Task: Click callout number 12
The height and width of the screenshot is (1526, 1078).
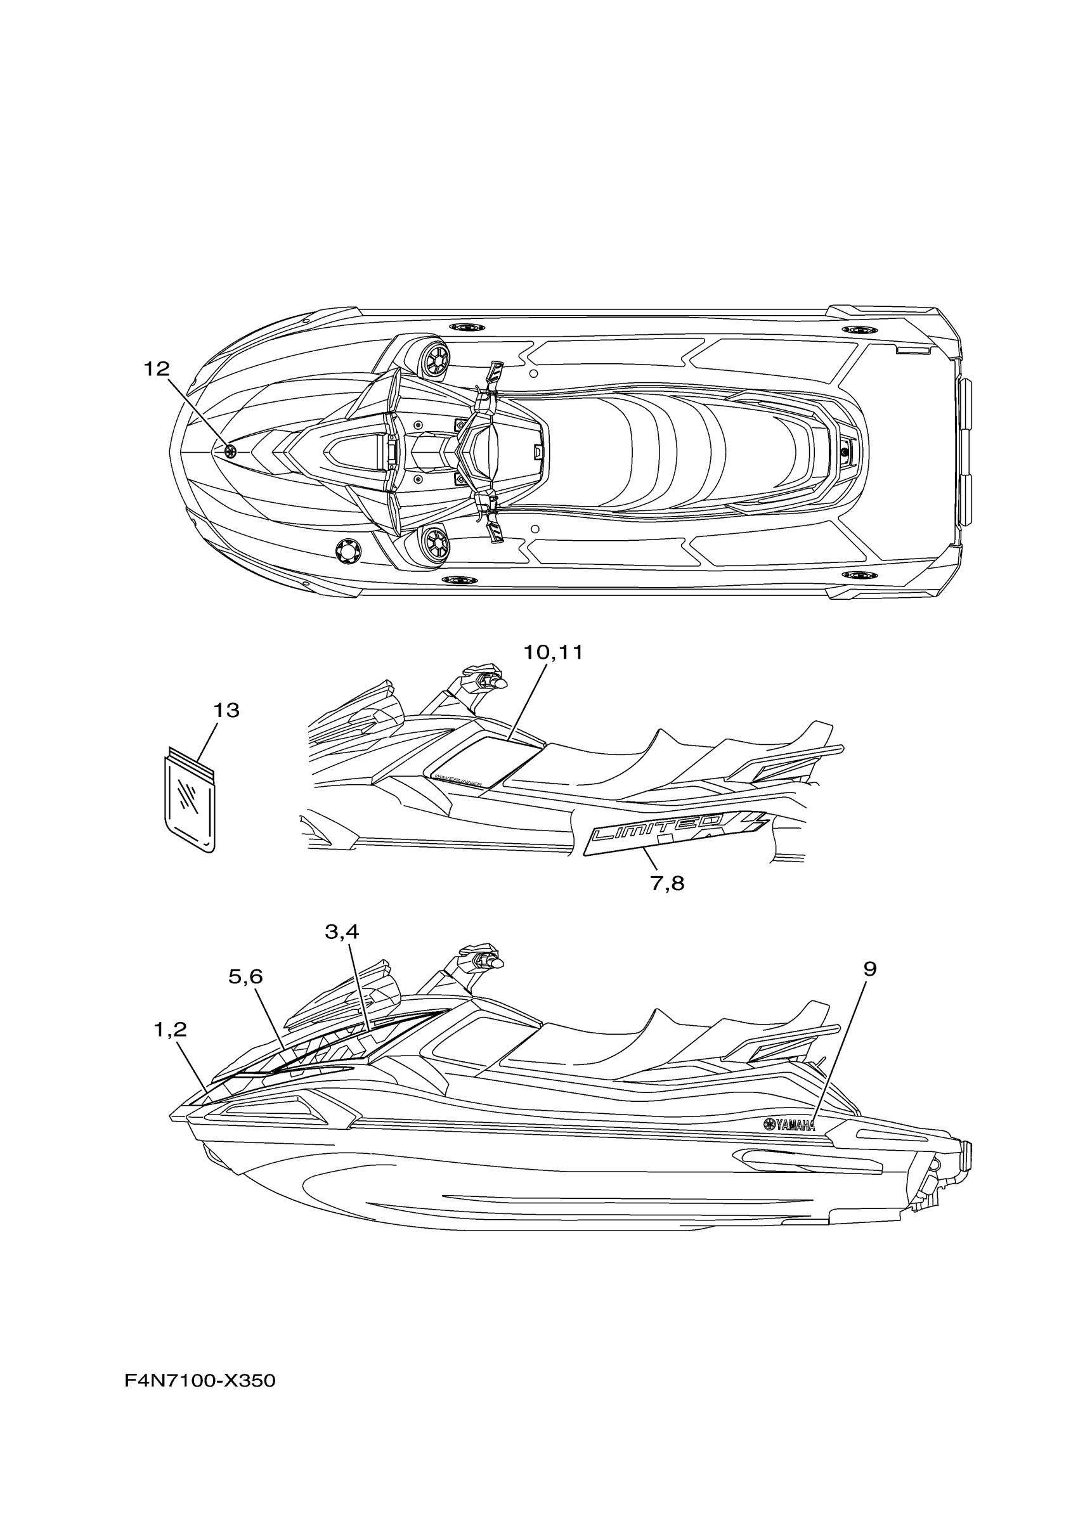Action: coord(157,369)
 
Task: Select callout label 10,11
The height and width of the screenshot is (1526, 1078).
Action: coord(552,652)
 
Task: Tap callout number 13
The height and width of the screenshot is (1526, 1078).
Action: coord(226,711)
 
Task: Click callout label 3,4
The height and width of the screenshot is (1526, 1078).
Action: coord(342,933)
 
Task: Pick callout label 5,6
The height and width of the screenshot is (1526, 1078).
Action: coord(245,976)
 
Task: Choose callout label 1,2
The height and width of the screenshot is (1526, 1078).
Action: coord(170,1030)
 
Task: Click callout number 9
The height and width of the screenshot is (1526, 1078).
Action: coord(870,969)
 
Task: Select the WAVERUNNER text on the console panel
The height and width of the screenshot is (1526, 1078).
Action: coord(458,779)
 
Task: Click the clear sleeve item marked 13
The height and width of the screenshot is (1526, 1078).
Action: coord(190,800)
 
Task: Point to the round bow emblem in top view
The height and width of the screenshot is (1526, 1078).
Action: coord(231,452)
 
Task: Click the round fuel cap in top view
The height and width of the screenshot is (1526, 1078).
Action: coord(349,551)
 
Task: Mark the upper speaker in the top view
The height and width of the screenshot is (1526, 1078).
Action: coord(434,359)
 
